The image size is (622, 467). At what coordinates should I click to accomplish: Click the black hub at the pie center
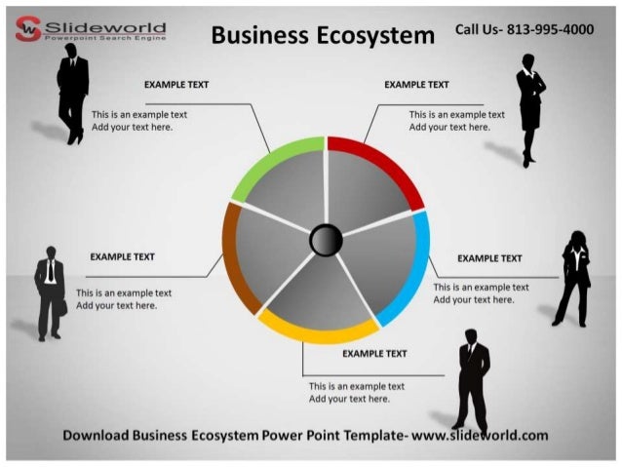[326, 239]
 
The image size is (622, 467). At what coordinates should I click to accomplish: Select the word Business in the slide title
[256, 36]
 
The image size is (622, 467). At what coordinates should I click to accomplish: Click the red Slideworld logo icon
[28, 30]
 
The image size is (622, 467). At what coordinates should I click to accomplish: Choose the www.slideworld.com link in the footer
[480, 435]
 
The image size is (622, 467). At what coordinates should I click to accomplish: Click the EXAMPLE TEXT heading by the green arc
[176, 85]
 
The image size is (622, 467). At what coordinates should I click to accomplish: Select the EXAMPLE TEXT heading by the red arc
[416, 85]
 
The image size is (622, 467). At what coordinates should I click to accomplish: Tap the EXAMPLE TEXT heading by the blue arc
[489, 258]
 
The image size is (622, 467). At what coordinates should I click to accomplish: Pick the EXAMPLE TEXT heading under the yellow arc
[374, 354]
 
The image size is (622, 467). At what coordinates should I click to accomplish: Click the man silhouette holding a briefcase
[50, 292]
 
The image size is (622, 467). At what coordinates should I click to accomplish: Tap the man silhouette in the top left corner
[73, 94]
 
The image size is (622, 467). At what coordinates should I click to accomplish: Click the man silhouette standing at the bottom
[473, 380]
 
